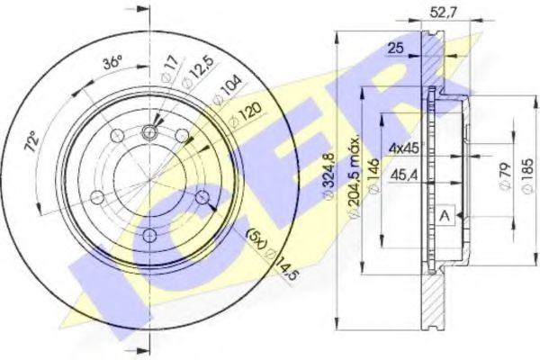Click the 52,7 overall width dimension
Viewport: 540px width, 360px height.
[x=440, y=13]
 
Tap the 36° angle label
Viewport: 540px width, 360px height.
[x=112, y=65]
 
